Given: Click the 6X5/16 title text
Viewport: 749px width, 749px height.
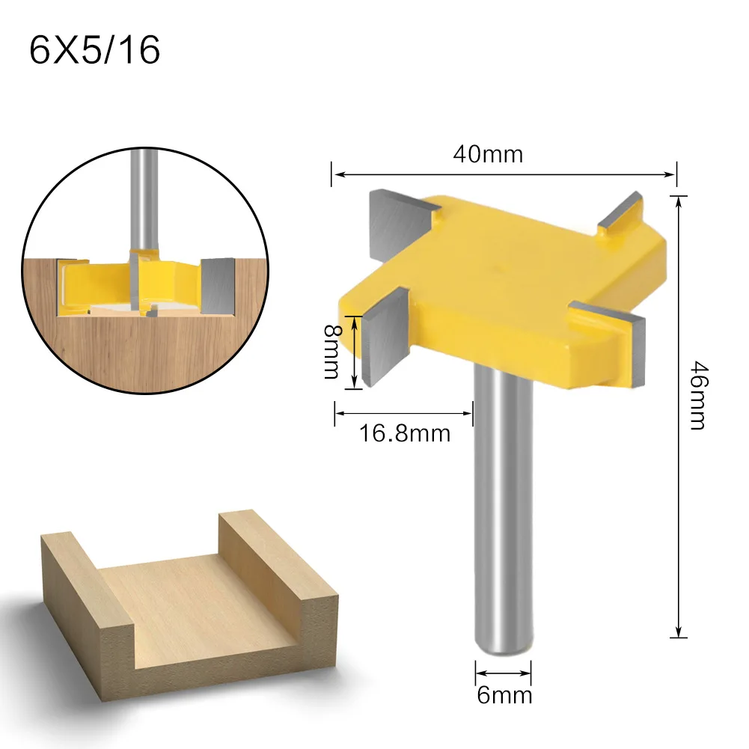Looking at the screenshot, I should click(94, 50).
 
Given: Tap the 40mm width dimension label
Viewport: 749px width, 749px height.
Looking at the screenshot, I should click(487, 154).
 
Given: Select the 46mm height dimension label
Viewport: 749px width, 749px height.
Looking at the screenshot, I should click(696, 397).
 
